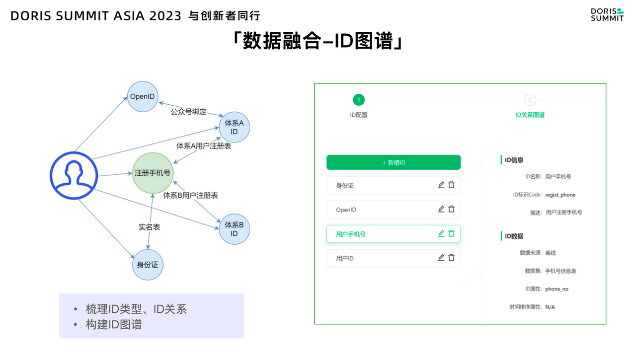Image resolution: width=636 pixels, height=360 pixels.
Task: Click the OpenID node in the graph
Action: click(143, 96)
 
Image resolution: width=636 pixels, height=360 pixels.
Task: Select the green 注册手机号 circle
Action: click(153, 173)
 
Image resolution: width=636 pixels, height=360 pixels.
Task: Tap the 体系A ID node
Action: click(234, 127)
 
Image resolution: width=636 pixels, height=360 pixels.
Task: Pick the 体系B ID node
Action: click(234, 229)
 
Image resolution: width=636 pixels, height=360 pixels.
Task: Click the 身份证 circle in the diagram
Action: click(148, 265)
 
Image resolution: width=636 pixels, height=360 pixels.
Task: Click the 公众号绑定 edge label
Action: click(188, 112)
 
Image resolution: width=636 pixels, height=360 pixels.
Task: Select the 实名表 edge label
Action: click(149, 227)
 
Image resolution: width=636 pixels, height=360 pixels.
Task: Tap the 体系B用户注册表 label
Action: click(191, 195)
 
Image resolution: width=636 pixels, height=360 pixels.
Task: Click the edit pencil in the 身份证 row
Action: click(441, 185)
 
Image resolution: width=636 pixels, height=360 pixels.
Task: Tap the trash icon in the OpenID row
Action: click(451, 209)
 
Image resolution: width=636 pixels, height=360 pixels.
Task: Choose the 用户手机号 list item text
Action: click(351, 234)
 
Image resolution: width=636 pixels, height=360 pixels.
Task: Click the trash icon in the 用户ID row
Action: click(451, 258)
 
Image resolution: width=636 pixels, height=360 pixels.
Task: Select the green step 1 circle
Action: click(359, 100)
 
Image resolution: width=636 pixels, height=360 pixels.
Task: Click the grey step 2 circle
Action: click(530, 100)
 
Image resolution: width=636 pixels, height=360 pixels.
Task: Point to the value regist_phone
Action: click(560, 195)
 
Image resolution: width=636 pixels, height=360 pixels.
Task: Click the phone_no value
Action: click(556, 289)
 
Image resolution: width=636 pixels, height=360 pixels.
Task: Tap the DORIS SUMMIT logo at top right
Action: click(607, 14)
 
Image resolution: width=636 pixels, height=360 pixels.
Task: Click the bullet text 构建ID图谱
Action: click(113, 325)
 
